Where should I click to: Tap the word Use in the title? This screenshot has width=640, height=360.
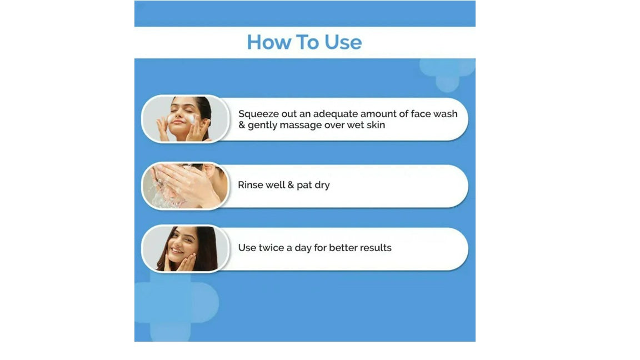(x=343, y=42)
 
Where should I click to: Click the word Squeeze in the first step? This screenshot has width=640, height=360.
(x=258, y=114)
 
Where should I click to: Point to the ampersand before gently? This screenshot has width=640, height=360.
(x=242, y=125)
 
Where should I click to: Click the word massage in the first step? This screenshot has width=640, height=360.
(x=301, y=126)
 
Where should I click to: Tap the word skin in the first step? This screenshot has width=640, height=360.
(x=376, y=125)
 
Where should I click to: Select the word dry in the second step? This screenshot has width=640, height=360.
(x=322, y=186)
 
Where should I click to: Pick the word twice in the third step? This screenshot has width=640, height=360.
(x=272, y=248)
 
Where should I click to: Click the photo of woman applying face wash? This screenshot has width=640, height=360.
(x=186, y=119)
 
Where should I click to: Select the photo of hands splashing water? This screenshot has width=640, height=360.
(x=186, y=186)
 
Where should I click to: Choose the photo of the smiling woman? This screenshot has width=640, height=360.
(x=186, y=248)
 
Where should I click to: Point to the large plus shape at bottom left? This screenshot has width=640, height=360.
(x=172, y=303)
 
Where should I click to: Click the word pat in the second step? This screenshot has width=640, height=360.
(x=304, y=186)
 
